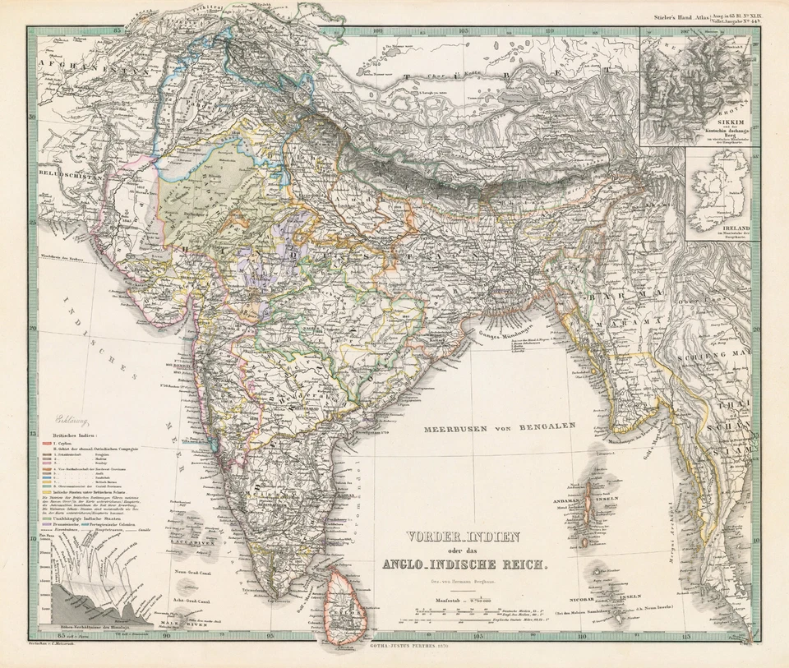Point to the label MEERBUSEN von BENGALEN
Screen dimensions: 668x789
click(x=500, y=427)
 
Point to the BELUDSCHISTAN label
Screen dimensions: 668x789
click(x=56, y=177)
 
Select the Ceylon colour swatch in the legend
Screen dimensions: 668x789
click(x=46, y=441)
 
